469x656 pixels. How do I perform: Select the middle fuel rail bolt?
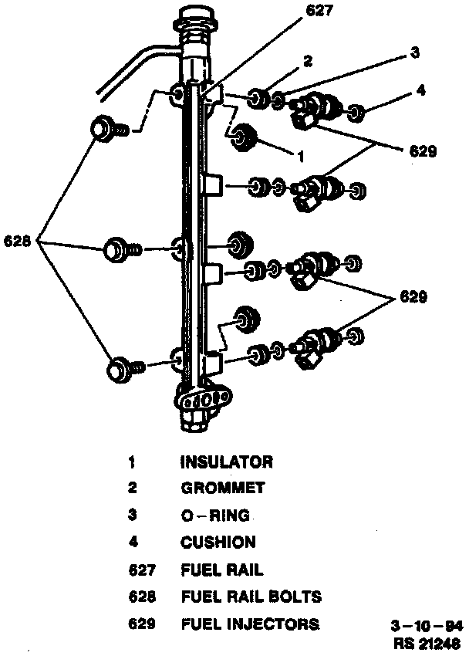pyautogui.click(x=118, y=249)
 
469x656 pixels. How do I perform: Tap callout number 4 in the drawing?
pyautogui.click(x=420, y=90)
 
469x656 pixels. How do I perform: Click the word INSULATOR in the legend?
pyautogui.click(x=226, y=463)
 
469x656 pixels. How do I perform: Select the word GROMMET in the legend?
pyautogui.click(x=222, y=489)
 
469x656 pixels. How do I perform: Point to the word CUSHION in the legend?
pyautogui.click(x=218, y=543)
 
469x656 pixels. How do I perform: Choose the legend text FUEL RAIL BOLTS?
pyautogui.click(x=251, y=597)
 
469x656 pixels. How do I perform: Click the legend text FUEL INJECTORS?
pyautogui.click(x=249, y=624)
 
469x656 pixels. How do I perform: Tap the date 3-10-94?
pyautogui.click(x=427, y=627)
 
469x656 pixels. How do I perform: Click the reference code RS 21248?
pyautogui.click(x=427, y=642)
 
